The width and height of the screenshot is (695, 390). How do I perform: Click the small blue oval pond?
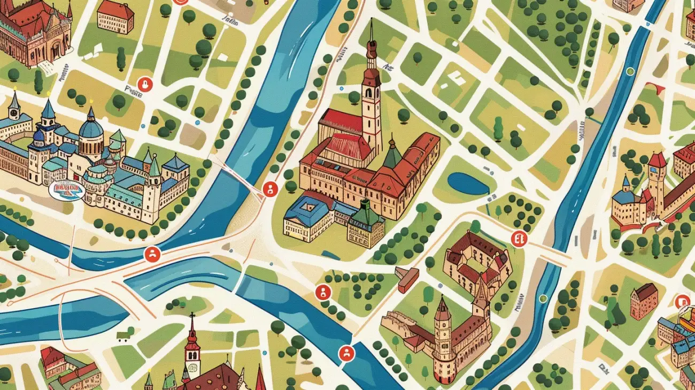(x=468, y=183)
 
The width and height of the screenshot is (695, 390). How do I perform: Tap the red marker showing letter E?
(x=518, y=238)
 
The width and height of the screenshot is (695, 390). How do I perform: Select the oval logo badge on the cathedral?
(x=66, y=189)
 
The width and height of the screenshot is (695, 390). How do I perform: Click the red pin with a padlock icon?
(x=144, y=84)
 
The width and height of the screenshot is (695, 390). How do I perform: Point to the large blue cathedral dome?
(x=91, y=128)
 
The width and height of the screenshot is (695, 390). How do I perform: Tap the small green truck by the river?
(x=124, y=335)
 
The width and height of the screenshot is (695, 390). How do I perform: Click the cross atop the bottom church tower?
(x=192, y=318)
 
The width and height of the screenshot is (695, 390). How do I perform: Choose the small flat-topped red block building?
(x=407, y=279)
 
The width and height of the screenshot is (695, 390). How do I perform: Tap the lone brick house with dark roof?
(x=644, y=301)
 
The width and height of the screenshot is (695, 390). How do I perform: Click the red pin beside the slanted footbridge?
(x=270, y=188)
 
